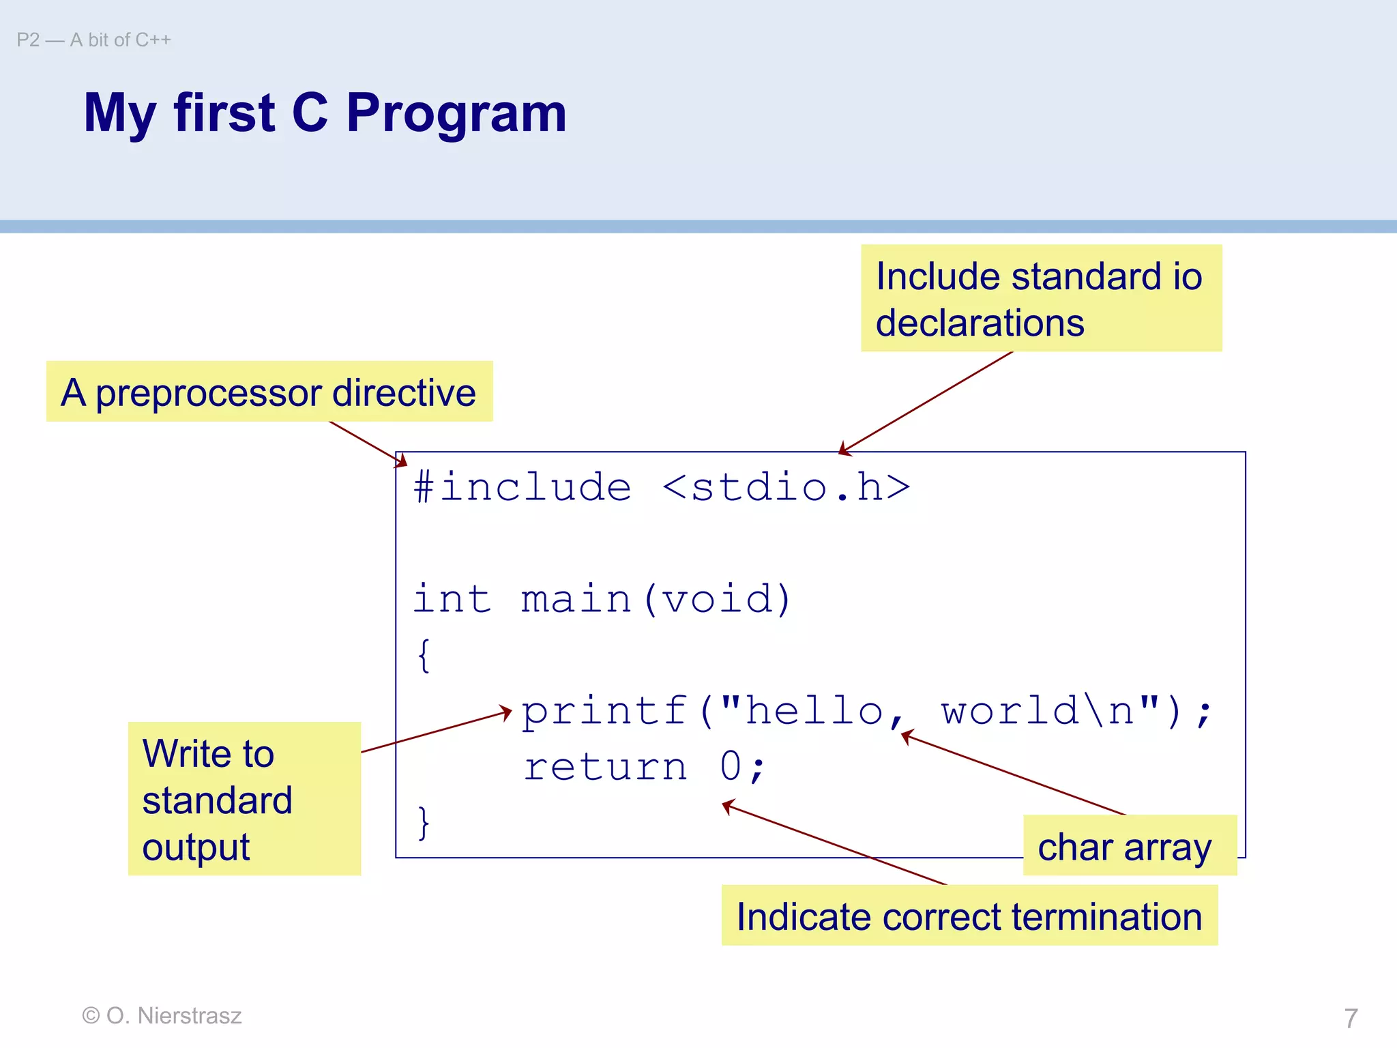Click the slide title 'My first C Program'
[x=325, y=113]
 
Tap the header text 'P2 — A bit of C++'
[x=94, y=40]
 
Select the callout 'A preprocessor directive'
[x=269, y=392]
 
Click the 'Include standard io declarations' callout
[x=1040, y=299]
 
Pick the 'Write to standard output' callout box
[x=244, y=799]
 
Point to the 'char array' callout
[x=1129, y=847]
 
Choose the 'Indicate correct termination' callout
[x=969, y=916]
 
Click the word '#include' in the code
[x=522, y=488]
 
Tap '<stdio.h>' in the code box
[x=786, y=488]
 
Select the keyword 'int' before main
[x=452, y=600]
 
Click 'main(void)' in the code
[x=655, y=600]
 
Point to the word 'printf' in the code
[x=604, y=712]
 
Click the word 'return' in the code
[x=606, y=767]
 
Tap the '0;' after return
[x=742, y=767]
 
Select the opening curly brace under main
[x=424, y=656]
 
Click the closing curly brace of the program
[x=424, y=823]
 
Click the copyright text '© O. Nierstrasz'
[x=162, y=1016]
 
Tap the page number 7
[x=1351, y=1019]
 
